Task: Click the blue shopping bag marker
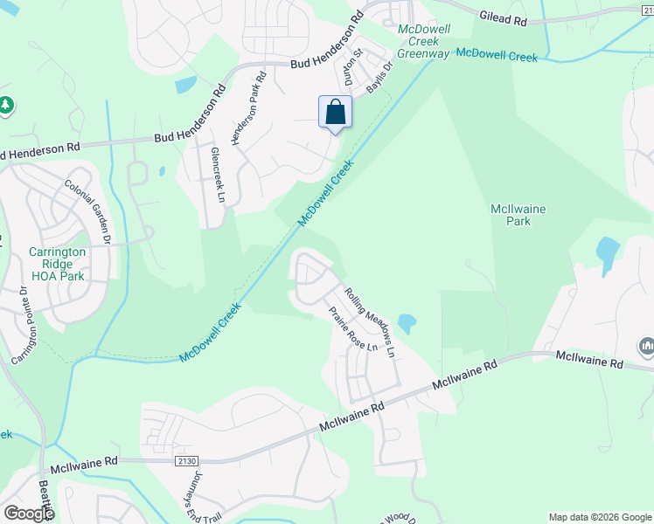point(335,113)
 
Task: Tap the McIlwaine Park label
point(510,215)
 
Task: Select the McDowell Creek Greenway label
point(424,41)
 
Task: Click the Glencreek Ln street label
point(218,175)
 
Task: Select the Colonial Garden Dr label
point(88,211)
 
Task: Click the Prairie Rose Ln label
point(352,329)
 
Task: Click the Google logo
point(28,514)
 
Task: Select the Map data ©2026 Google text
point(598,517)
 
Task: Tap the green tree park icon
point(6,105)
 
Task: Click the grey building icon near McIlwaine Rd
point(647,347)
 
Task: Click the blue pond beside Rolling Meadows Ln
point(406,323)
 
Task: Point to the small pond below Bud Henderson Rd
point(185,85)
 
